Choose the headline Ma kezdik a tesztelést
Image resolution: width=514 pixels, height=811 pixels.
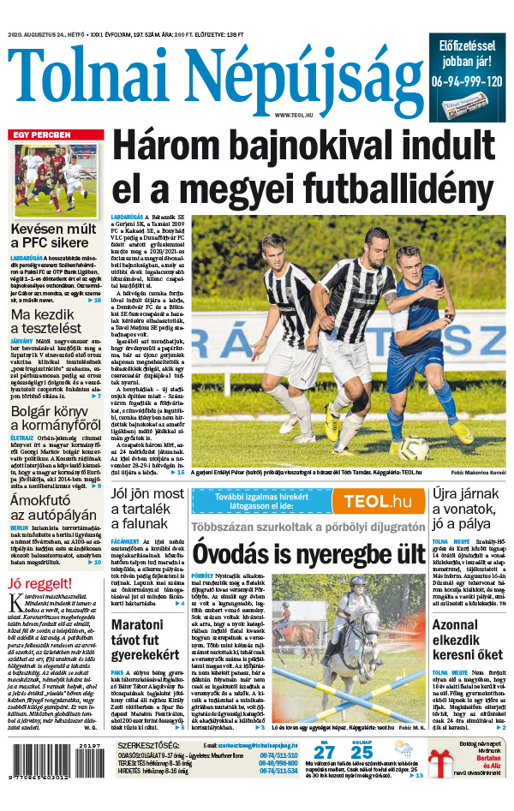[46, 319]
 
